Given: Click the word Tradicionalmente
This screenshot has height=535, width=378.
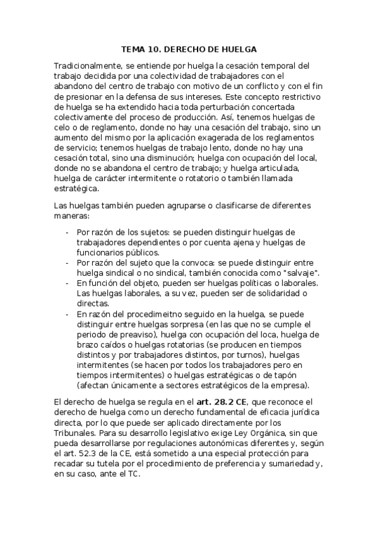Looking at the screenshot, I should click(x=88, y=65).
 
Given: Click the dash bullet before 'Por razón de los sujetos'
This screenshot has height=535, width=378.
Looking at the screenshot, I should click(x=68, y=232).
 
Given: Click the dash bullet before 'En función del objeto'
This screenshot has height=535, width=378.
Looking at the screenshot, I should click(x=68, y=284).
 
